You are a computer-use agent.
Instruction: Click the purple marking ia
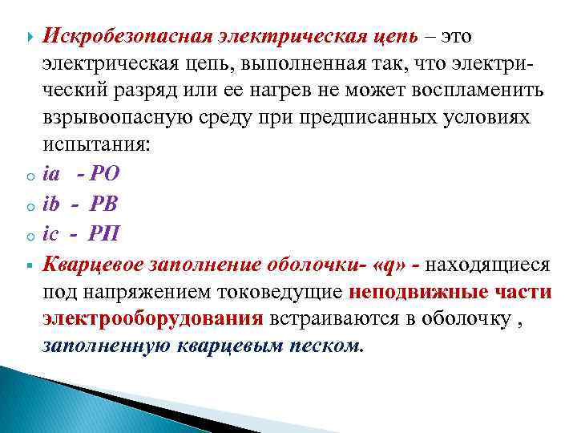(x=51, y=173)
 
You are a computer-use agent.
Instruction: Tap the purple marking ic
(x=51, y=231)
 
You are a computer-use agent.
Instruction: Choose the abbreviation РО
(x=106, y=173)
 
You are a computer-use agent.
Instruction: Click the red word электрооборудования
(x=152, y=318)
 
